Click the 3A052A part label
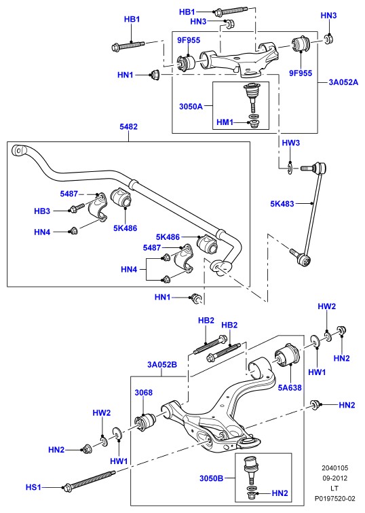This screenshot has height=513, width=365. [x=343, y=82]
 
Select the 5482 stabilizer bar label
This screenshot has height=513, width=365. [x=128, y=126]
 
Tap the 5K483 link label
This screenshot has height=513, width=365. [x=282, y=203]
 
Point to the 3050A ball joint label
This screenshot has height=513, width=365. [x=191, y=106]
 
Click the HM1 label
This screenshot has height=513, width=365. [x=225, y=122]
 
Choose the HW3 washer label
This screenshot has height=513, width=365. [x=291, y=143]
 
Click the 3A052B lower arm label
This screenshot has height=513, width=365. [x=162, y=364]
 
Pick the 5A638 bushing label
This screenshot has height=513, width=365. [x=290, y=388]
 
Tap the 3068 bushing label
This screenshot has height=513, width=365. [x=144, y=392]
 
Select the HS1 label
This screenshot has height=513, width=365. [x=33, y=487]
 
